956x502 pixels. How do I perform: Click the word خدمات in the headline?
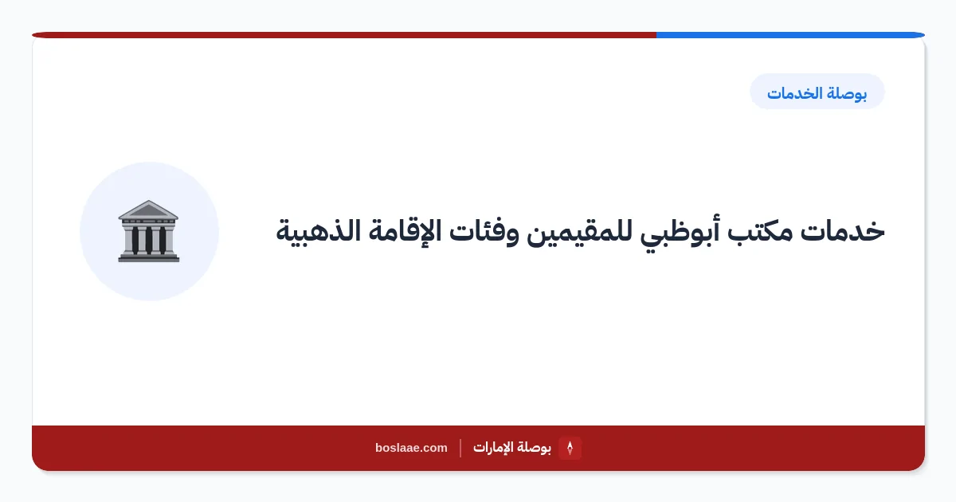tap(842, 232)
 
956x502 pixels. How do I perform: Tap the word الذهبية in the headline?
tap(319, 231)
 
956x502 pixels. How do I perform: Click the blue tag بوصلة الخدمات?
tap(817, 92)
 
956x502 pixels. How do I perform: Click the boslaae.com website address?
tap(411, 448)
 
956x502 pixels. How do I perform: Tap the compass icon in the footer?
tap(570, 448)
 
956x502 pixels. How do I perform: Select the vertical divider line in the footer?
tap(460, 448)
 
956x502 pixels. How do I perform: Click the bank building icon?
tap(148, 231)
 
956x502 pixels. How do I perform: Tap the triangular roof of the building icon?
tap(148, 209)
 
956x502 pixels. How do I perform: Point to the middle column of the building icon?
tap(148, 240)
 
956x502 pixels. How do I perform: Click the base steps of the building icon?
tap(148, 257)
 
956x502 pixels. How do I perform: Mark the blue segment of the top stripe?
tap(790, 35)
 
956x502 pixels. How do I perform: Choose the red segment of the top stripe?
tap(344, 35)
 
